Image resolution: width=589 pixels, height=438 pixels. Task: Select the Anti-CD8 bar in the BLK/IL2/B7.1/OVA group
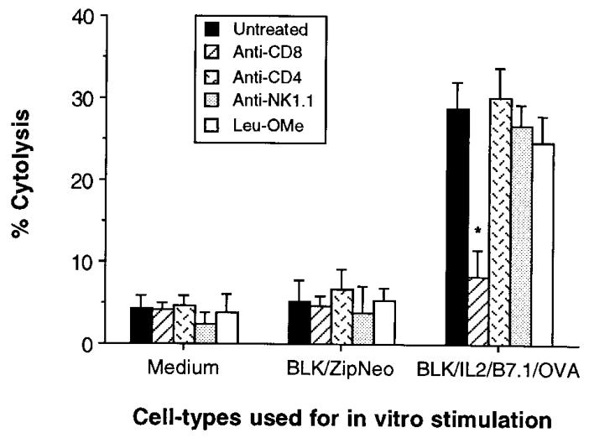pos(477,310)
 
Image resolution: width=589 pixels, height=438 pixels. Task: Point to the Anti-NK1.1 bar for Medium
pos(204,333)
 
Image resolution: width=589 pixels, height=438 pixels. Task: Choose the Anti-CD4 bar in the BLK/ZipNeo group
pos(341,316)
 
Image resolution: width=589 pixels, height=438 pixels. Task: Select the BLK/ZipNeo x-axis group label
pos(340,367)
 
